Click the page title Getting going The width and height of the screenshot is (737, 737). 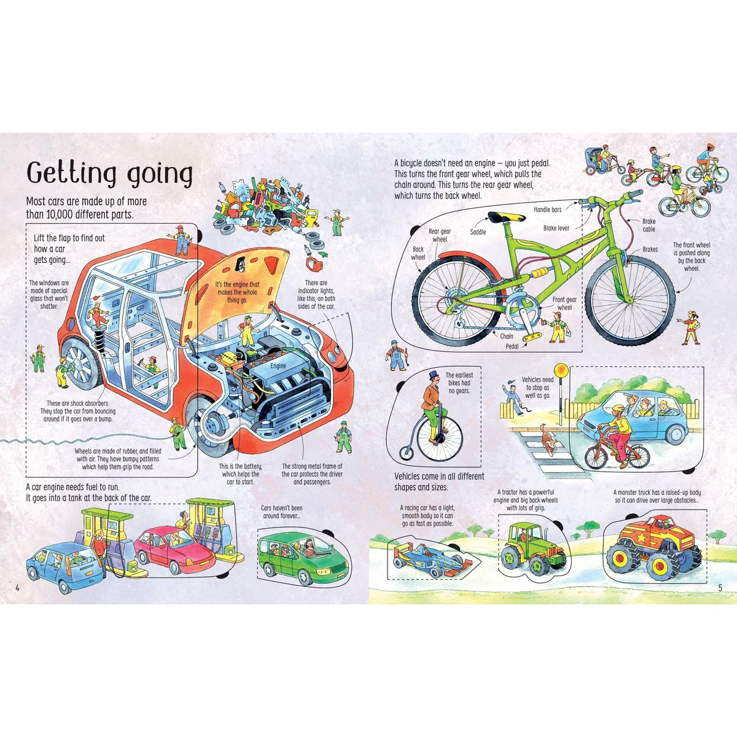click(x=109, y=174)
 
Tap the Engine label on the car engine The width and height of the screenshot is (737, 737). click(x=278, y=365)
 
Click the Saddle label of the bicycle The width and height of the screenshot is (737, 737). click(x=478, y=232)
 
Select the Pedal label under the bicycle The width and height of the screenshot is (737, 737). click(x=512, y=346)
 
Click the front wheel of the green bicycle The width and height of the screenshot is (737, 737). click(x=630, y=301)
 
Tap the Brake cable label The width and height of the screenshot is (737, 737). click(x=649, y=225)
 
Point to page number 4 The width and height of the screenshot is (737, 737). click(x=17, y=588)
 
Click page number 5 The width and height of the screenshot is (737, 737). click(x=720, y=588)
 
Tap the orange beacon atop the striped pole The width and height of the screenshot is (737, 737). click(x=561, y=370)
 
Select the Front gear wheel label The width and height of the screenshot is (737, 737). click(x=564, y=303)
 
